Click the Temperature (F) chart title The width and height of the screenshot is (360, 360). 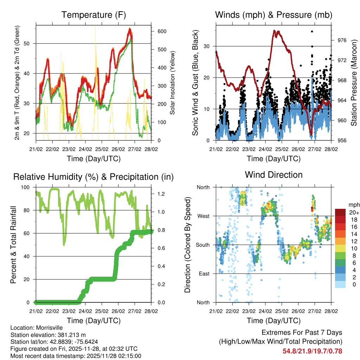point(94,15)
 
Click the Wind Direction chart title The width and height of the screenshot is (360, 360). point(274,175)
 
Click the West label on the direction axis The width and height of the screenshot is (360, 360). point(203,216)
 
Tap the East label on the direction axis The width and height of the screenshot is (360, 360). point(204,274)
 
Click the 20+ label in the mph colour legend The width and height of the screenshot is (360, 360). point(354,212)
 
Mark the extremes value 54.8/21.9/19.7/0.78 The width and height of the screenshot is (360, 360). point(312,351)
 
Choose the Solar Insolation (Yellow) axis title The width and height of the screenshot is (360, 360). point(172,83)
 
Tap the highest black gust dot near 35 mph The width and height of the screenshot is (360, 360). point(311,31)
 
